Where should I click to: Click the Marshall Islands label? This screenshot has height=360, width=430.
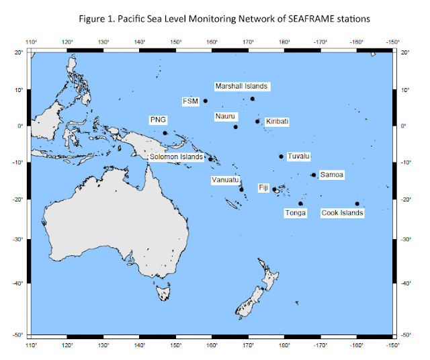click(241, 86)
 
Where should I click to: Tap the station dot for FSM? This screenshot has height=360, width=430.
click(206, 101)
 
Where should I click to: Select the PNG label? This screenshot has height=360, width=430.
click(158, 120)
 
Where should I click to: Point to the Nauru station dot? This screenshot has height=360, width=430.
click(236, 127)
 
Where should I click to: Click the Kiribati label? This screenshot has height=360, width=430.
click(277, 122)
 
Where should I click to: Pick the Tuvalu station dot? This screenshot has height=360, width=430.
click(282, 156)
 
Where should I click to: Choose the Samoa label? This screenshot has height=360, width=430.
click(332, 175)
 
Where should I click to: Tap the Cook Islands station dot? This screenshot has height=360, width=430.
click(357, 204)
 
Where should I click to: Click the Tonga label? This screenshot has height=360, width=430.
click(296, 213)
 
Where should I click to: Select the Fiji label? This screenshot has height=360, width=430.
click(263, 187)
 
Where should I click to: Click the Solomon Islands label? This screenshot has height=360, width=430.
click(176, 157)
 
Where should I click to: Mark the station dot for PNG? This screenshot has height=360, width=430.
click(165, 133)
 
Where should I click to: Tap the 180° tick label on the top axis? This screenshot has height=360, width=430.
click(284, 43)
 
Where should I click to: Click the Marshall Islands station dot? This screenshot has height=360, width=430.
click(253, 99)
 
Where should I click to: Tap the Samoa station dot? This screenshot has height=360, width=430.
click(314, 175)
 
